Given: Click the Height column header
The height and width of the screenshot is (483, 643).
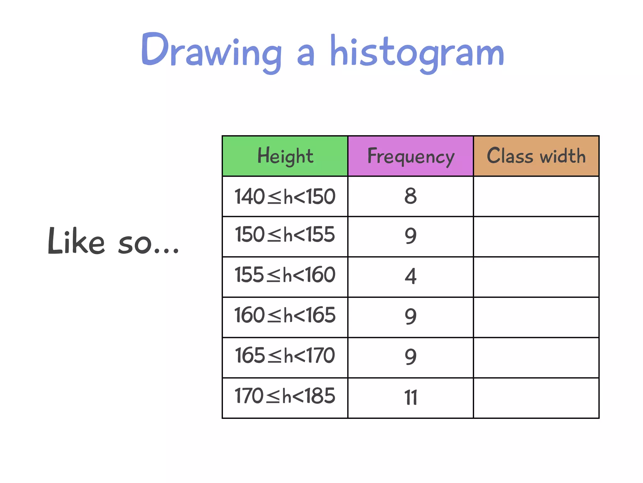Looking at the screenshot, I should (x=285, y=156).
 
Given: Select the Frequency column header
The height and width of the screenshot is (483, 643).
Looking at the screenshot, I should (x=411, y=156).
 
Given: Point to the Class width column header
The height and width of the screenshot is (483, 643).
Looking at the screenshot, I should (x=536, y=156).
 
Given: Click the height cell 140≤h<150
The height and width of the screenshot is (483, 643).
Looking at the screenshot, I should (x=285, y=197).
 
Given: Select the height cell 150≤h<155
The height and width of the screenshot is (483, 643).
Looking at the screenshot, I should (x=285, y=235).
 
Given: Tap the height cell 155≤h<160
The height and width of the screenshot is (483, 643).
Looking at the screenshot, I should (x=285, y=275).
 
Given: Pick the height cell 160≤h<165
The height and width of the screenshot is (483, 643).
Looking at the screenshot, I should (x=285, y=315).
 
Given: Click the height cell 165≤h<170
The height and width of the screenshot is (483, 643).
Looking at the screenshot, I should (x=285, y=356).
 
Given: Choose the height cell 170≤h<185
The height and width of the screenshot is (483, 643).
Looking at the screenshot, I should (x=285, y=396).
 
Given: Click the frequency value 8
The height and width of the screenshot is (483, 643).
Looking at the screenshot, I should (x=411, y=196).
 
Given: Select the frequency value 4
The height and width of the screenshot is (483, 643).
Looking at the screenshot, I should (x=411, y=276).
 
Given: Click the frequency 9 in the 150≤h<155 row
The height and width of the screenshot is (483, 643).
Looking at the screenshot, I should (x=411, y=236).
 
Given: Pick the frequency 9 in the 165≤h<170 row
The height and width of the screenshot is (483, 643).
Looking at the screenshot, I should (x=411, y=357).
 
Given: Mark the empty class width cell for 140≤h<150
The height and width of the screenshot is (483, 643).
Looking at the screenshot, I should (x=536, y=197).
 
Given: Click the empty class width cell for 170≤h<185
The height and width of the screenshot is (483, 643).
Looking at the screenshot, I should (x=536, y=398).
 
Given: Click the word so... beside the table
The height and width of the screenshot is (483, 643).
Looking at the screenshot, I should (x=148, y=244).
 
